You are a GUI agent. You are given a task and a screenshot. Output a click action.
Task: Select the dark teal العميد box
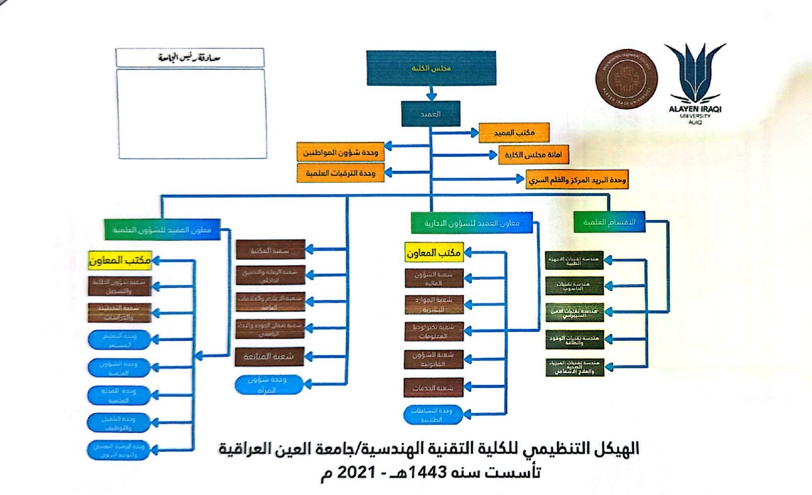pos(430,114)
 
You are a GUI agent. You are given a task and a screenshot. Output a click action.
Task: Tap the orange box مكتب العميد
pos(514,132)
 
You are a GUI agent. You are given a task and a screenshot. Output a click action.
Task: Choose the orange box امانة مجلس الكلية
pos(534,154)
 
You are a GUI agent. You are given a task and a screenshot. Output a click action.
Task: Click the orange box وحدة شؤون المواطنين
pos(340,152)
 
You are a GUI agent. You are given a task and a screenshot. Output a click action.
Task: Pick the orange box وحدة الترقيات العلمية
pos(340,173)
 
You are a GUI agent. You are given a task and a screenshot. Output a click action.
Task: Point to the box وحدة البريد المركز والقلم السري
pos(577,179)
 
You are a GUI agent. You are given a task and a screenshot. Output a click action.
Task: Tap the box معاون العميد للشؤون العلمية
pos(162,229)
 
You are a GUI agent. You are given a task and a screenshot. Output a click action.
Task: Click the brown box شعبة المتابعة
pos(270,357)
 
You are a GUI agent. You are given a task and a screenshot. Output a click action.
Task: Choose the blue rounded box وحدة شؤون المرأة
pos(270,384)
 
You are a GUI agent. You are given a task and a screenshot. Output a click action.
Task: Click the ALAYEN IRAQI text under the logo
pos(695,109)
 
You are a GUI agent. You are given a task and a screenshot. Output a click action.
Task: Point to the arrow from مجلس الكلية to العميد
pos(431,92)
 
